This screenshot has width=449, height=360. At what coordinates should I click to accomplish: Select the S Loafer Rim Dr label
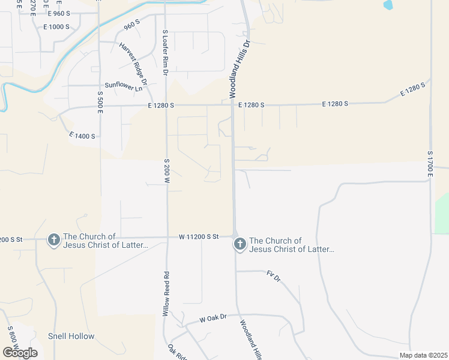pos(165,52)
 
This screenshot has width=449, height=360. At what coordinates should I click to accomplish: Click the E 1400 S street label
pos(82,136)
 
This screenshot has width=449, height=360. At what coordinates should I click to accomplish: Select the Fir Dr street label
pos(274,277)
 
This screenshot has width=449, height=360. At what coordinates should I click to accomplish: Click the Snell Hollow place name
pos(71,336)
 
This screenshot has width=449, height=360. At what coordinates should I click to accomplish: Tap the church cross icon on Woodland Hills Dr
pos(240,244)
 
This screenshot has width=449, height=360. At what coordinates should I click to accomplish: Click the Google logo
pos(20,353)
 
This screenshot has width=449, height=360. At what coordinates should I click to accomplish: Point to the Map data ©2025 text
pos(423,355)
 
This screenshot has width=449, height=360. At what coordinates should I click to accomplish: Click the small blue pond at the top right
pos(388,5)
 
